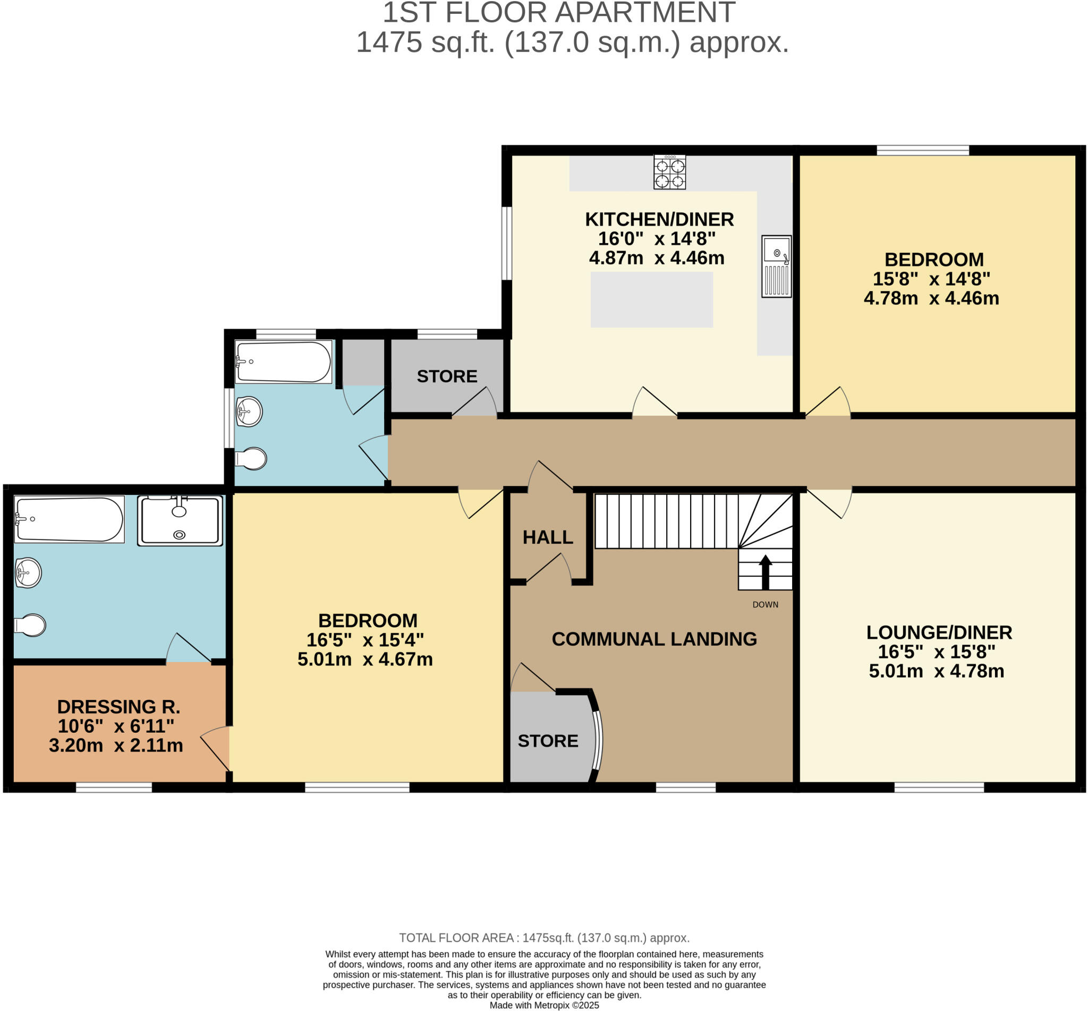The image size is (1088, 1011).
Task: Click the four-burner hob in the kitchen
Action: [x=669, y=173]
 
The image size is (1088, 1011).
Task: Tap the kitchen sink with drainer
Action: [x=776, y=267]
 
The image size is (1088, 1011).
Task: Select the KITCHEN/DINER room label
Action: [x=659, y=219]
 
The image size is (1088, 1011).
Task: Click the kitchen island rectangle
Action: [x=651, y=300]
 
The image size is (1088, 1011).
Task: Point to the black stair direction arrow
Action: [x=765, y=572]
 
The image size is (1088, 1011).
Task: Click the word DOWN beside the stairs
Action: [x=765, y=604]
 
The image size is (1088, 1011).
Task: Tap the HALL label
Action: [x=547, y=537]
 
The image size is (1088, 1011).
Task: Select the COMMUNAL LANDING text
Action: [x=654, y=639]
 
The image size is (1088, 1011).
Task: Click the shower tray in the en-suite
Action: [x=180, y=521]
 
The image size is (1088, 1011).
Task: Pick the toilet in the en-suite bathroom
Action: [x=30, y=625]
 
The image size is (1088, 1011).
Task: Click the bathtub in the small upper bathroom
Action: [x=283, y=362]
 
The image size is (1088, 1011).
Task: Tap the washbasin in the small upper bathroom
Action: [x=249, y=411]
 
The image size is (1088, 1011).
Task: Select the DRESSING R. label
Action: [x=118, y=707]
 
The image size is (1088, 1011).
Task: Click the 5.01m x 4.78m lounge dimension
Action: [x=936, y=671]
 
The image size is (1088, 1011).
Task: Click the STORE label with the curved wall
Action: [x=547, y=741]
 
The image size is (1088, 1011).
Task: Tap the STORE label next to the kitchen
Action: [x=447, y=376]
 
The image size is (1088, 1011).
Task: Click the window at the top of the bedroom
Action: [x=923, y=150]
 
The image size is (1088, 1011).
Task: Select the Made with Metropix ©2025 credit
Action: [x=544, y=1005]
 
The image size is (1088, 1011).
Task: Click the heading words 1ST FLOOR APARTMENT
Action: [x=558, y=13]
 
